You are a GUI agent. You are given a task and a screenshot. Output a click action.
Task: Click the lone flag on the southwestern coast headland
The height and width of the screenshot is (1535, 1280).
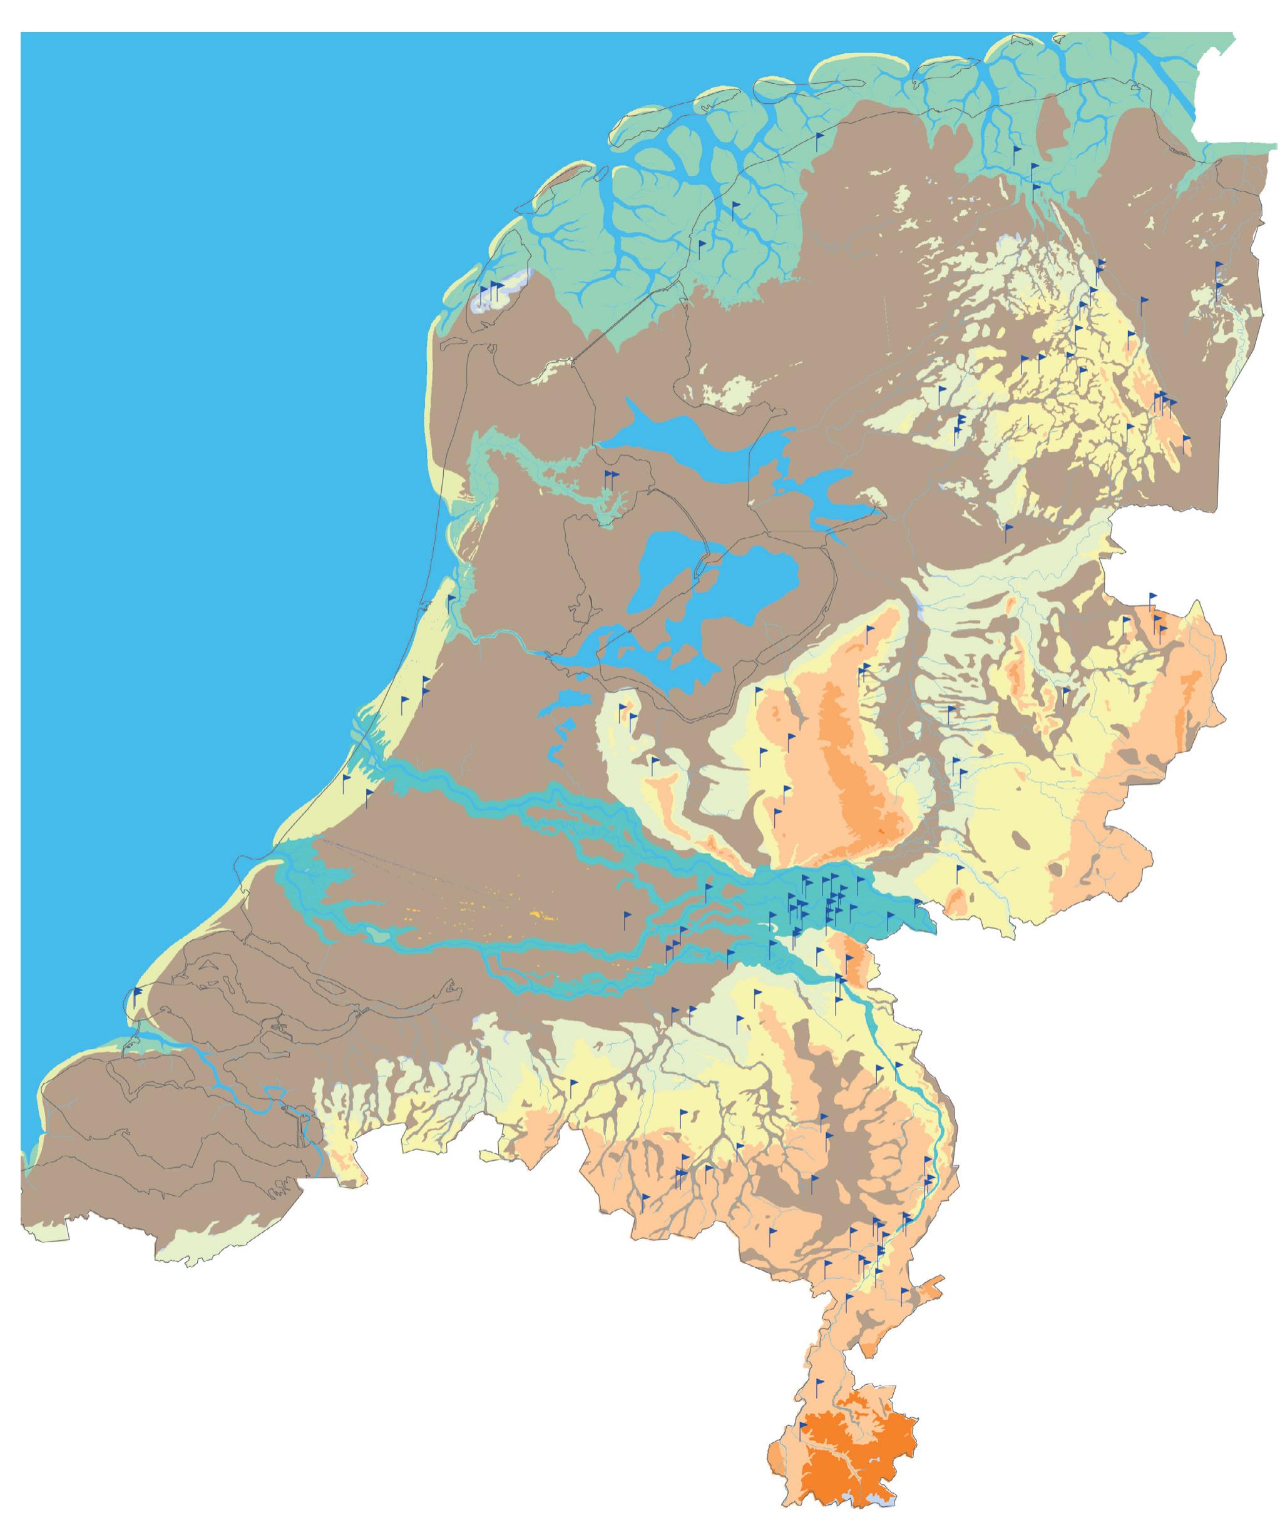point(138,992)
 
